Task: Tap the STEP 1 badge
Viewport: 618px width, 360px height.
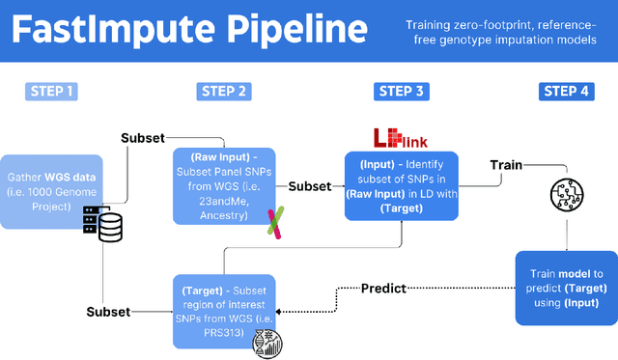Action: click(49, 92)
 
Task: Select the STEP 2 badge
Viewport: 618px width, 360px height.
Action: click(224, 92)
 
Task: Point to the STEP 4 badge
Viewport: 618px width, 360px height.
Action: click(569, 92)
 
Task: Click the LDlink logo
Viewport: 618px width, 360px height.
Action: click(399, 138)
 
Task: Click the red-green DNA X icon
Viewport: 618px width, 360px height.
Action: click(275, 224)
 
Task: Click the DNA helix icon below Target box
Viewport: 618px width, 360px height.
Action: click(263, 343)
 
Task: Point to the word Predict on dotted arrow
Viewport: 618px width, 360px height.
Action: click(384, 288)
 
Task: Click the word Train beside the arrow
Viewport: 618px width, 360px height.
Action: click(505, 165)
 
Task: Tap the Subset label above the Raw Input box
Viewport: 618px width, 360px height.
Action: click(143, 138)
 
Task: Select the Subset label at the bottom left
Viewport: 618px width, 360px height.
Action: click(108, 312)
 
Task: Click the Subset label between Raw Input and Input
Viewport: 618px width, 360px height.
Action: click(310, 186)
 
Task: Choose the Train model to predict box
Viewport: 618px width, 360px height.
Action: click(565, 288)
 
